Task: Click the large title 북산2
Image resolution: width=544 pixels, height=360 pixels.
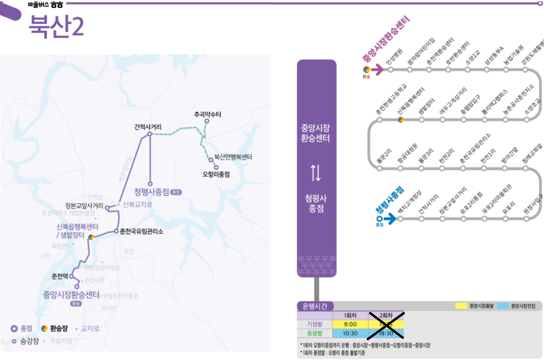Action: pos(56,26)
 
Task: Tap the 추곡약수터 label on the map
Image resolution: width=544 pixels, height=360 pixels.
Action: pos(207,114)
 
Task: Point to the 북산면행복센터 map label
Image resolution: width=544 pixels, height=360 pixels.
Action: pos(233,157)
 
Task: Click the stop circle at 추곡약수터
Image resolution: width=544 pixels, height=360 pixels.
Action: pos(206,121)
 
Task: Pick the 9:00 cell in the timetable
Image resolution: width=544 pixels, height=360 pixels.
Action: pos(350,324)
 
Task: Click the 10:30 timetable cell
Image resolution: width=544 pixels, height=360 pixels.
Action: pos(350,333)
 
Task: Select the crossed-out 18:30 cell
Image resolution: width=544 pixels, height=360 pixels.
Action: pos(386,333)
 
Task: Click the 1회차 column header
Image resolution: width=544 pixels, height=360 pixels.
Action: pos(350,315)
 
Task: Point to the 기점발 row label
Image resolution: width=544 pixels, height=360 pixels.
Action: pos(315,324)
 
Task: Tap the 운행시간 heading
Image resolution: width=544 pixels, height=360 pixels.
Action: pos(315,306)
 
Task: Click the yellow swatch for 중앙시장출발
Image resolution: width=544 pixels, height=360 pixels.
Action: pos(461,306)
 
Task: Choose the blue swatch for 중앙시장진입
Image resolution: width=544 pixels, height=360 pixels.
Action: pos(503,306)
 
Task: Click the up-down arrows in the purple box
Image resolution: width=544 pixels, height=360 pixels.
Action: pos(316,173)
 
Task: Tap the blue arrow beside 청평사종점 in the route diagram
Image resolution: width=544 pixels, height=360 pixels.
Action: pos(390,218)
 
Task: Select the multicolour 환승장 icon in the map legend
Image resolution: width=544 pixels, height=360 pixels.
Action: pos(44,328)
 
